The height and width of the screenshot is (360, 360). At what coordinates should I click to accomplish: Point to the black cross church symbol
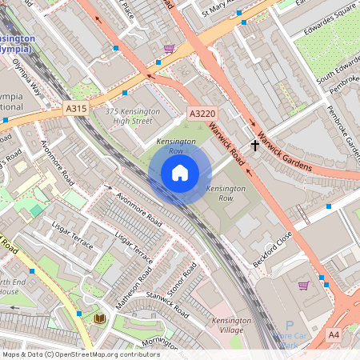tap(256, 146)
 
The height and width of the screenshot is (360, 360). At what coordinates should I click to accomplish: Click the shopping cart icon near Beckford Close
tap(303, 285)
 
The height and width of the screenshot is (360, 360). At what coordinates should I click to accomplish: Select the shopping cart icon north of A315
tap(169, 48)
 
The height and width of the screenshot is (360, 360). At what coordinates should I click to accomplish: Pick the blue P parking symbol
tap(290, 326)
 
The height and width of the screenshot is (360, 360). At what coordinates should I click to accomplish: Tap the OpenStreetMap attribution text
tap(81, 354)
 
